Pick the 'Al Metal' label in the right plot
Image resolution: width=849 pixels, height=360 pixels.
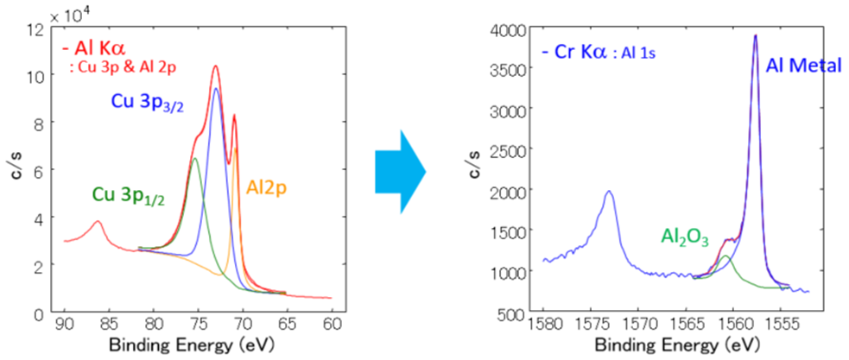tap(802, 65)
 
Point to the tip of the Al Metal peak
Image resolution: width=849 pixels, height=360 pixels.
tap(756, 35)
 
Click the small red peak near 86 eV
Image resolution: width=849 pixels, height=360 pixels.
tap(98, 222)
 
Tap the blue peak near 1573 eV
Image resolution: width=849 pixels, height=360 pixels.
tap(609, 192)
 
